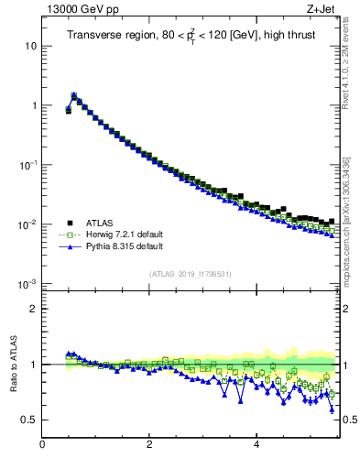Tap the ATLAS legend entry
(x=102, y=223)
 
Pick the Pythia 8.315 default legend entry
(x=115, y=246)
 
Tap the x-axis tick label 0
(x=42, y=445)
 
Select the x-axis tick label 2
(x=149, y=445)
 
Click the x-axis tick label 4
(x=256, y=445)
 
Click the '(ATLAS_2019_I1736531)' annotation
(x=190, y=273)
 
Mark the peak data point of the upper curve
(x=73, y=95)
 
